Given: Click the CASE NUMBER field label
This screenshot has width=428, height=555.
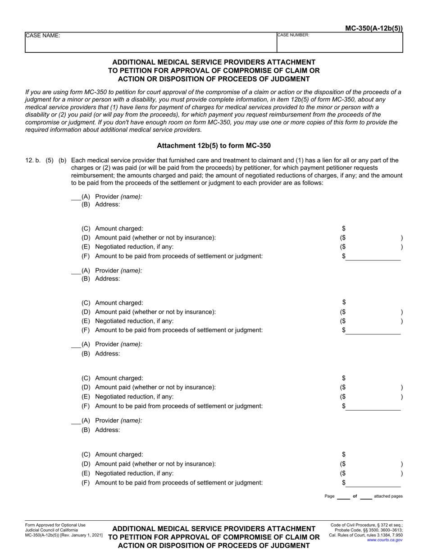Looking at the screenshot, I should [293, 35].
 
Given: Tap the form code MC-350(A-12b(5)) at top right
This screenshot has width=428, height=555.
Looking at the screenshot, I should [374, 28].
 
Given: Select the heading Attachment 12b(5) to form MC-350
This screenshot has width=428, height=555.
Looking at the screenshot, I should [214, 146].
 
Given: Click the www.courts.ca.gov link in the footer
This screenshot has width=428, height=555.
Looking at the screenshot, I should [385, 540].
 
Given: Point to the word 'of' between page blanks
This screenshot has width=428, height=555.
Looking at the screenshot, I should [355, 496].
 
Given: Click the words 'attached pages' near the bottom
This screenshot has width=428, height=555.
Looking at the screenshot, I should [388, 496].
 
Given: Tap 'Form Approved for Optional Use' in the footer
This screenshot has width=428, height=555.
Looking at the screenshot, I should [55, 525].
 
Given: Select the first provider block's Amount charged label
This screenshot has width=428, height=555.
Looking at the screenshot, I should [119, 229].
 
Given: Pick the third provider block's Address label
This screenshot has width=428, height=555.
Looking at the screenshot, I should [108, 354].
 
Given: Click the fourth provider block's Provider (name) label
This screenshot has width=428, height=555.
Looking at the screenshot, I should [118, 421].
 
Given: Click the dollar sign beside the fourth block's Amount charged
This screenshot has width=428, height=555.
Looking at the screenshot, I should [344, 454].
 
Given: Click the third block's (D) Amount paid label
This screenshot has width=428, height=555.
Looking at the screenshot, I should [155, 387].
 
